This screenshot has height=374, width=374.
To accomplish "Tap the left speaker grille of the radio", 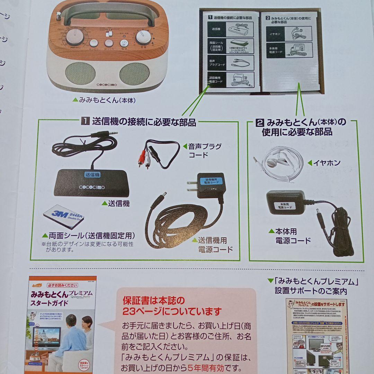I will [81, 73].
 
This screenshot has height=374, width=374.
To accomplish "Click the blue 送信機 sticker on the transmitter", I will [92, 175].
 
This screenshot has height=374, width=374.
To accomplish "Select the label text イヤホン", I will [327, 162].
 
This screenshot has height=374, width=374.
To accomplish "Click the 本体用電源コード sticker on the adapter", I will [283, 206].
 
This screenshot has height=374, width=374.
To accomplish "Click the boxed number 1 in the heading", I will [85, 122].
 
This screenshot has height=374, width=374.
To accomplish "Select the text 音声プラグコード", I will [204, 150].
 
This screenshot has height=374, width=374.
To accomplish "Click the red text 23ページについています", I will [172, 311].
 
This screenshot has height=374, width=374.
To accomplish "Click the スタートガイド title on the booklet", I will [49, 302].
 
